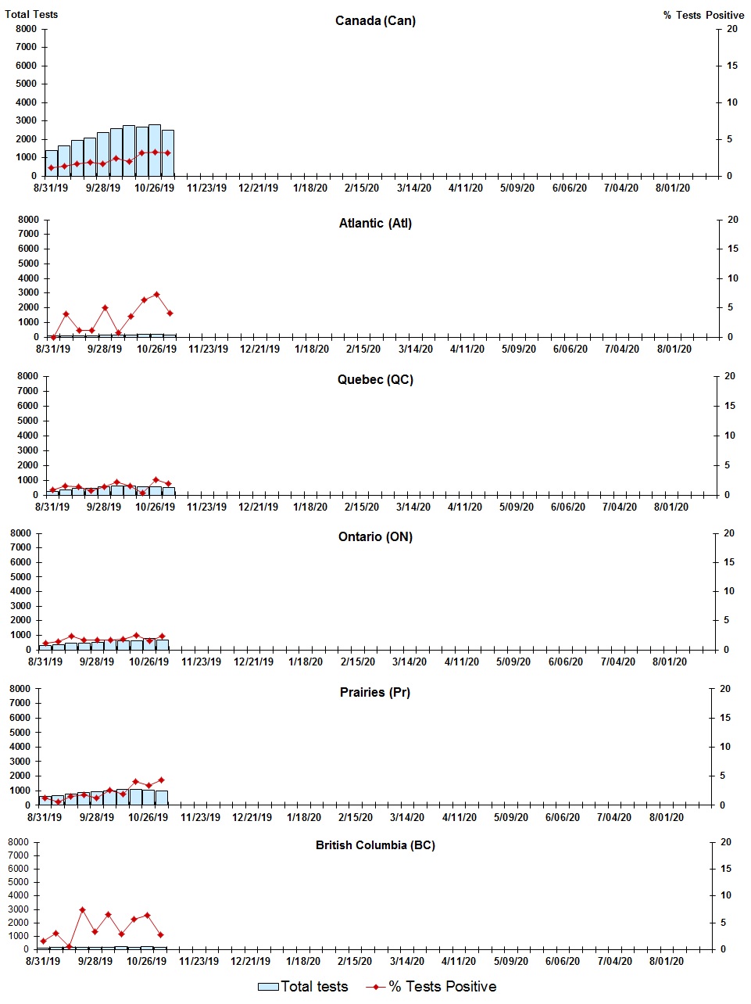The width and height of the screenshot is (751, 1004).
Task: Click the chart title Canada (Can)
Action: coord(375,20)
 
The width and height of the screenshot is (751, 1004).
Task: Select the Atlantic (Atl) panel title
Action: coord(375,223)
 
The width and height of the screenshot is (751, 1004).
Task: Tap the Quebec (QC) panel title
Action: coord(375,379)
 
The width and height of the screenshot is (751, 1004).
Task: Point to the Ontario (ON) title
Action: coord(375,536)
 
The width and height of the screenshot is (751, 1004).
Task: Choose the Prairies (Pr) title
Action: coord(375,692)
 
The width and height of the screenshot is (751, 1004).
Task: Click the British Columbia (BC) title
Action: coord(375,845)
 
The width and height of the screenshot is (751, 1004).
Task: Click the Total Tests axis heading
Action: coord(31,14)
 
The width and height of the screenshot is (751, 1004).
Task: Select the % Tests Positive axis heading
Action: coord(703,15)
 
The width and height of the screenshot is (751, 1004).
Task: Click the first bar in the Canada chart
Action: coord(52,163)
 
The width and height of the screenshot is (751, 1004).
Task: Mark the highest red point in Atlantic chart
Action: coord(157,295)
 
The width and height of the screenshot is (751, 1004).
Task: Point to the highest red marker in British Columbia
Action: coord(82,910)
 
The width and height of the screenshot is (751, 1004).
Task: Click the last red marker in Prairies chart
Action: coord(161,780)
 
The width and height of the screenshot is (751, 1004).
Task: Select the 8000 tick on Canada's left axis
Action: coord(26,29)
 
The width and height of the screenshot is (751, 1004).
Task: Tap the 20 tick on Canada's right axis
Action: coord(732,29)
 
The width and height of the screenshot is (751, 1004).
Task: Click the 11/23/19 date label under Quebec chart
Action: coord(206,507)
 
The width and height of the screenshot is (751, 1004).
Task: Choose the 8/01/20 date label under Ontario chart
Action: coord(670,662)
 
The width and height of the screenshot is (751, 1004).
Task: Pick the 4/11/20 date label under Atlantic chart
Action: coord(467,349)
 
